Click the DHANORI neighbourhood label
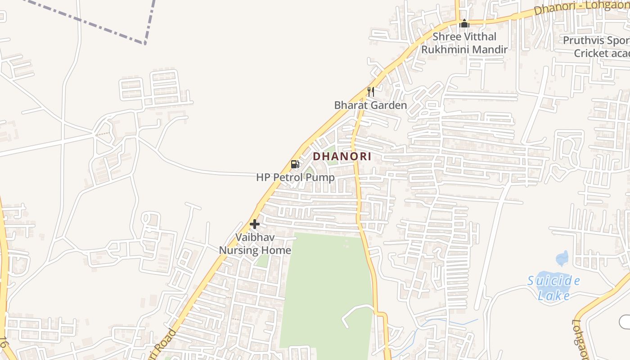[x=342, y=157]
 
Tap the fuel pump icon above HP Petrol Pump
[x=295, y=164]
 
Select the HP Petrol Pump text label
[x=295, y=177]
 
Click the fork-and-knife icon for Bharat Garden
[x=371, y=92]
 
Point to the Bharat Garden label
[x=370, y=105]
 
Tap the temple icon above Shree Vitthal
[x=464, y=23]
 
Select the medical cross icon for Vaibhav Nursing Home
[x=255, y=224]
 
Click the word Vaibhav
[x=255, y=237]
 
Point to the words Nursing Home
[x=255, y=250]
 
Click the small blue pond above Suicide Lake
[x=562, y=258]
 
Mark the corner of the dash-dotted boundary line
[x=145, y=43]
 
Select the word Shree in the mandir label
[x=446, y=36]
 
